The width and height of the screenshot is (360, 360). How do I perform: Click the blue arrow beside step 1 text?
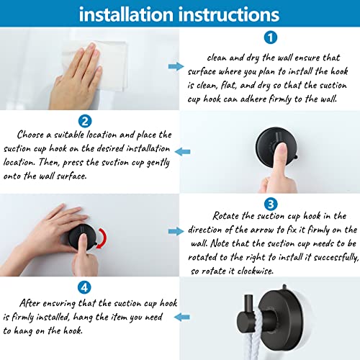pyautogui.click(x=175, y=66)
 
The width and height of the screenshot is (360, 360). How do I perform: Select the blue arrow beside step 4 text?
pyautogui.click(x=184, y=315)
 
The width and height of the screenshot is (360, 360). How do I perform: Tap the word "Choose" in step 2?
pyautogui.click(x=37, y=135)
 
